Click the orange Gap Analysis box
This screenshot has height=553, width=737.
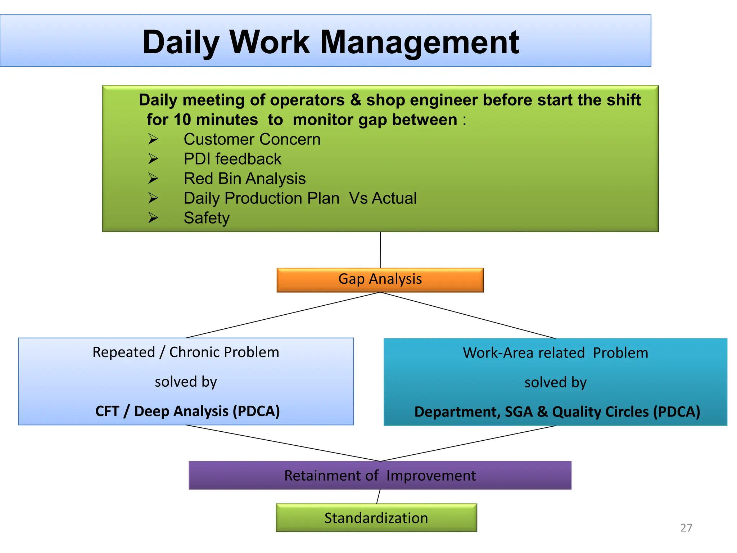click(x=380, y=280)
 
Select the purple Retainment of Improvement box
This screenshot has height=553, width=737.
click(x=380, y=475)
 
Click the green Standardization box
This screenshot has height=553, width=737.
click(x=376, y=518)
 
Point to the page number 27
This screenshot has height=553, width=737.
click(x=686, y=528)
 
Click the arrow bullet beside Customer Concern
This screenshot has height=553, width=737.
click(x=153, y=139)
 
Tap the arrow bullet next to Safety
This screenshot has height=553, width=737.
click(x=153, y=217)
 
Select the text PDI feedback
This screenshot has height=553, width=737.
click(x=232, y=159)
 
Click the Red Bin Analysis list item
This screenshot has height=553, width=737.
click(x=244, y=179)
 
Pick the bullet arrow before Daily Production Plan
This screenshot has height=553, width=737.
click(x=153, y=198)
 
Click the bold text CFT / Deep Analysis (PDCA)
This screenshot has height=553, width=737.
click(x=187, y=411)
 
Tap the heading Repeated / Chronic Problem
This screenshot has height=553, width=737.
click(x=186, y=352)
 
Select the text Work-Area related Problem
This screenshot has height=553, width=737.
click(x=555, y=353)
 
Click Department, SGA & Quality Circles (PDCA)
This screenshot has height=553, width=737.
click(x=557, y=412)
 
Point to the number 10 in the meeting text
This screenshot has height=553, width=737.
click(x=182, y=120)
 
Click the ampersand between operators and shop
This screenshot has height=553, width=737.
click(x=356, y=100)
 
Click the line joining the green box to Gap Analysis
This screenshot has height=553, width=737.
click(x=380, y=250)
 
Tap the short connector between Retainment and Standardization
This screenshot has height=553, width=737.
click(x=378, y=496)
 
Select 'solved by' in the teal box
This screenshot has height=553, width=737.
click(x=555, y=382)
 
